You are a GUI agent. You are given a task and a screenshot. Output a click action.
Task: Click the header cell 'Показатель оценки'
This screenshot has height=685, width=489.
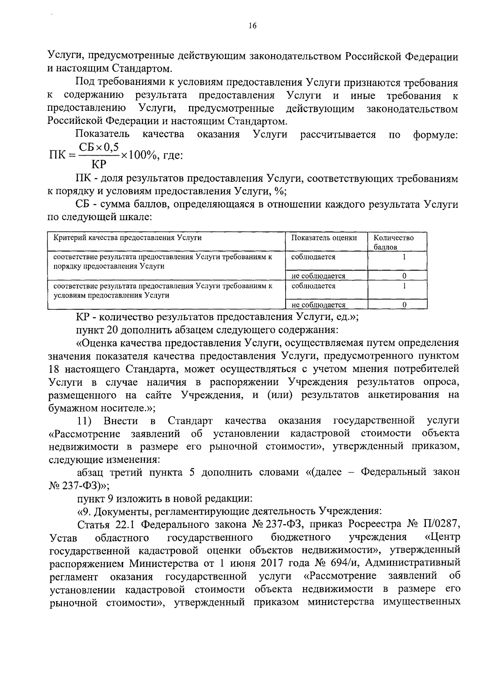point(324,238)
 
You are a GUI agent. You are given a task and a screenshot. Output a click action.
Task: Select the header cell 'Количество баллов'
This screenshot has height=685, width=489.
point(393,242)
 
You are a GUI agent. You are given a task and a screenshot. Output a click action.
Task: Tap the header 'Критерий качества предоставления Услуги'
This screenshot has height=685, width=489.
point(128,238)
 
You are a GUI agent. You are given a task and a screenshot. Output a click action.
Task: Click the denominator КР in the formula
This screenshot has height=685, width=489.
point(99,165)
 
